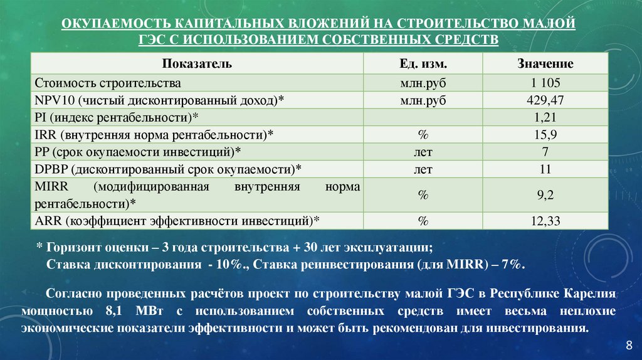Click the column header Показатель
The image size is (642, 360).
coord(197,64)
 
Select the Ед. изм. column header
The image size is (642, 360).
coord(423,64)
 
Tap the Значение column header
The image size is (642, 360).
coord(545,64)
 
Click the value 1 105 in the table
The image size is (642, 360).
coord(545,83)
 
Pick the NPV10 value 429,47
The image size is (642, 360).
coord(545,100)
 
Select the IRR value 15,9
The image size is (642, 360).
coord(545,134)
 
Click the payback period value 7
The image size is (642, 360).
coord(545,151)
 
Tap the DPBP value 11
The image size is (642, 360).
coord(545,169)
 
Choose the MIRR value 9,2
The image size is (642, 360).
coord(545,195)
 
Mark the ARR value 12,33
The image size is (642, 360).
coord(545,221)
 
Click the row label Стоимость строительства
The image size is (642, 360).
coord(108,83)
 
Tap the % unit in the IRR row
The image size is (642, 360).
coord(423,134)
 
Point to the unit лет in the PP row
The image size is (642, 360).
coord(423,151)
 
